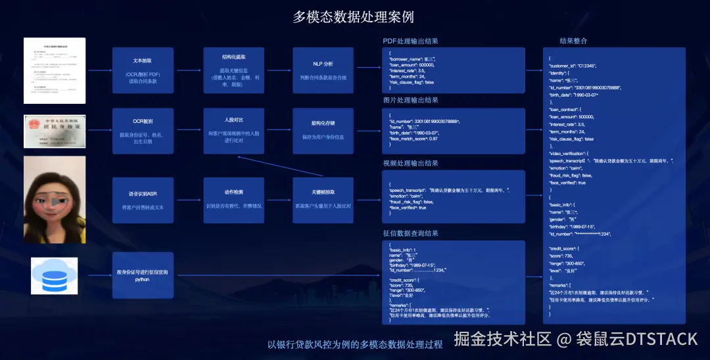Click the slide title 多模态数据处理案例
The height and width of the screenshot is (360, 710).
[x=354, y=16]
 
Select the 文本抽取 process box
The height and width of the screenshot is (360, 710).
[x=143, y=70]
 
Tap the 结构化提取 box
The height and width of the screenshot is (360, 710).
[x=233, y=70]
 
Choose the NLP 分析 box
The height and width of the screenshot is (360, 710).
[x=323, y=70]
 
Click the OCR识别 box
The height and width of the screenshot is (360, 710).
[x=143, y=131]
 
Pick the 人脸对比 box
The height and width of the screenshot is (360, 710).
[x=233, y=131]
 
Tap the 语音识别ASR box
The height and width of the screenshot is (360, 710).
[x=143, y=200]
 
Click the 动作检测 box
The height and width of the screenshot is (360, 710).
[x=233, y=200]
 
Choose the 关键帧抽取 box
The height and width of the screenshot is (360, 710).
[x=323, y=200]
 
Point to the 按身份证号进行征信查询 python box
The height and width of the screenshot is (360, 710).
[x=143, y=275]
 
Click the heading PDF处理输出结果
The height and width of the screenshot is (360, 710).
[x=410, y=41]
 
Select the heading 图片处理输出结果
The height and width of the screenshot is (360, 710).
[x=410, y=101]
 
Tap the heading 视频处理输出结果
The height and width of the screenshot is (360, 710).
[x=410, y=163]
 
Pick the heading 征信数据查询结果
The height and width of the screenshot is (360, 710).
[x=410, y=233]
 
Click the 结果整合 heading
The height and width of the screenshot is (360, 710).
[x=573, y=41]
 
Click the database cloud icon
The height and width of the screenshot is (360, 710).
[x=55, y=275]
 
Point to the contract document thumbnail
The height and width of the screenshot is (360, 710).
[x=55, y=70]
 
